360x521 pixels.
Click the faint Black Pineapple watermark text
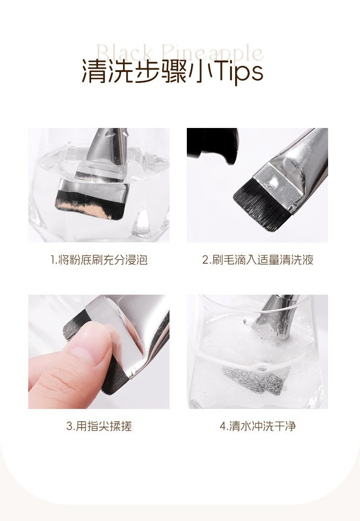(x=180, y=53)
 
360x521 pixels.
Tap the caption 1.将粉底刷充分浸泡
(x=99, y=260)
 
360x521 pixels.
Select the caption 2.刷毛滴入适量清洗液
(x=257, y=260)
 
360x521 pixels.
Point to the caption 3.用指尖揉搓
(x=99, y=426)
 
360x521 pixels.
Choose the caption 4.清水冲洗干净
(x=257, y=426)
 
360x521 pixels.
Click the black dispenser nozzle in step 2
(x=213, y=145)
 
